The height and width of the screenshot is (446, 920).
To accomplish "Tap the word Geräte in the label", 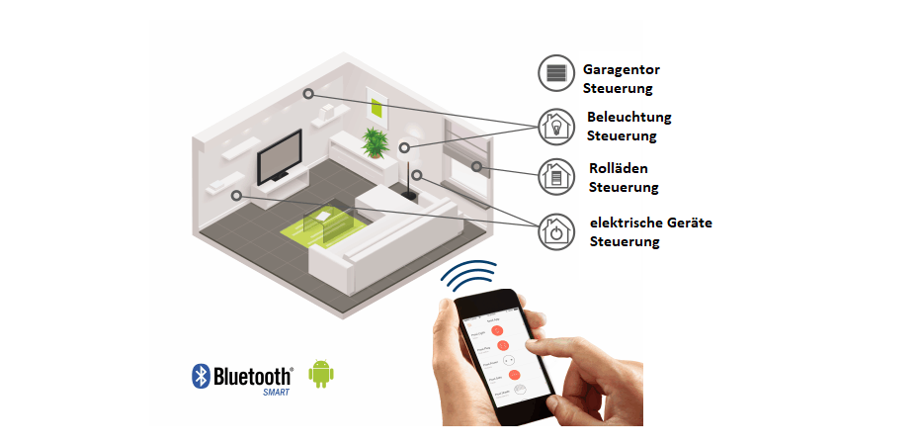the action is click(688, 223).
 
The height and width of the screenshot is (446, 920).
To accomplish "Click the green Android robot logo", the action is click(320, 373).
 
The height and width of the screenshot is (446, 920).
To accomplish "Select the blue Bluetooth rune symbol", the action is click(201, 376).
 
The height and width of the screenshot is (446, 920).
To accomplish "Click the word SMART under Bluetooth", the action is click(276, 392).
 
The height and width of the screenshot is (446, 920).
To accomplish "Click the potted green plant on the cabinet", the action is click(375, 142).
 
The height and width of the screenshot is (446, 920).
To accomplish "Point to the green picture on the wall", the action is click(376, 108).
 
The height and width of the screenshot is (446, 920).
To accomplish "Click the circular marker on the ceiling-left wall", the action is click(308, 94).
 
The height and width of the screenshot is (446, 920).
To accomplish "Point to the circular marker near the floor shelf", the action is click(236, 196).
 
